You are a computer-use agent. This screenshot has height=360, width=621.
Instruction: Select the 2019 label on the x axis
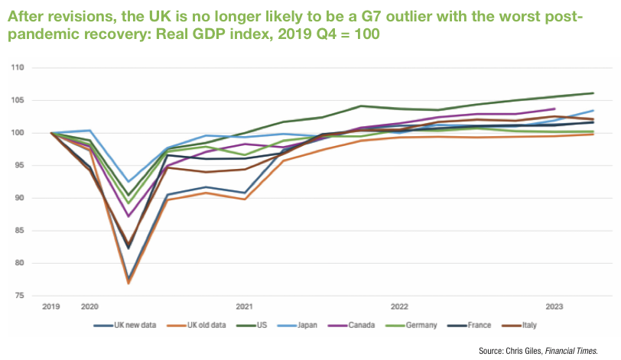52,306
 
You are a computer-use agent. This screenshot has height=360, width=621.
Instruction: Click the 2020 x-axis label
89,306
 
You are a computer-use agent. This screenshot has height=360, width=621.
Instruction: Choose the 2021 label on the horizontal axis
245,306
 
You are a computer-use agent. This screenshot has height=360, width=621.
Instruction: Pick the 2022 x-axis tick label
399,306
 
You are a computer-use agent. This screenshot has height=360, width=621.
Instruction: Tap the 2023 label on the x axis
554,306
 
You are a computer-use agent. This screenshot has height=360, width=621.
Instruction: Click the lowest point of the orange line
128,284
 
